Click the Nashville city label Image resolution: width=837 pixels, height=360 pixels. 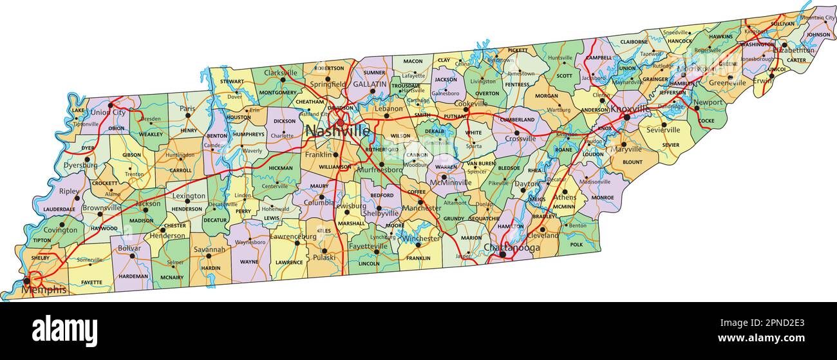[337, 131]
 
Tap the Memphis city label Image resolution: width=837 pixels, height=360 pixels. [44, 290]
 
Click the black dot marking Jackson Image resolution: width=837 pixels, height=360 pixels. [146, 210]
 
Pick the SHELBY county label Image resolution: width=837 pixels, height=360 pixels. [40, 258]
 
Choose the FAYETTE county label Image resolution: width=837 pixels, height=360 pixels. [91, 282]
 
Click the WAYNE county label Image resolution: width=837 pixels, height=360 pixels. [249, 262]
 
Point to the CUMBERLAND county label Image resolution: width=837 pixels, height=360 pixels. [518, 120]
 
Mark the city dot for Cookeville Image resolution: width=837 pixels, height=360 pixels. [466, 109]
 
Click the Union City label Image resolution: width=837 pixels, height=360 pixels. [109, 113]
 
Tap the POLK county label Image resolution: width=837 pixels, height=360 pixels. [576, 245]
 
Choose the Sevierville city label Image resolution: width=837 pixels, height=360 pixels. [663, 129]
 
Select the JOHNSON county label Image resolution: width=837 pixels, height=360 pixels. [818, 35]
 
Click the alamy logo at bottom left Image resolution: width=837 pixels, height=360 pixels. [64, 330]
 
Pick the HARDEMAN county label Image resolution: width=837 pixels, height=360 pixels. [133, 276]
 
